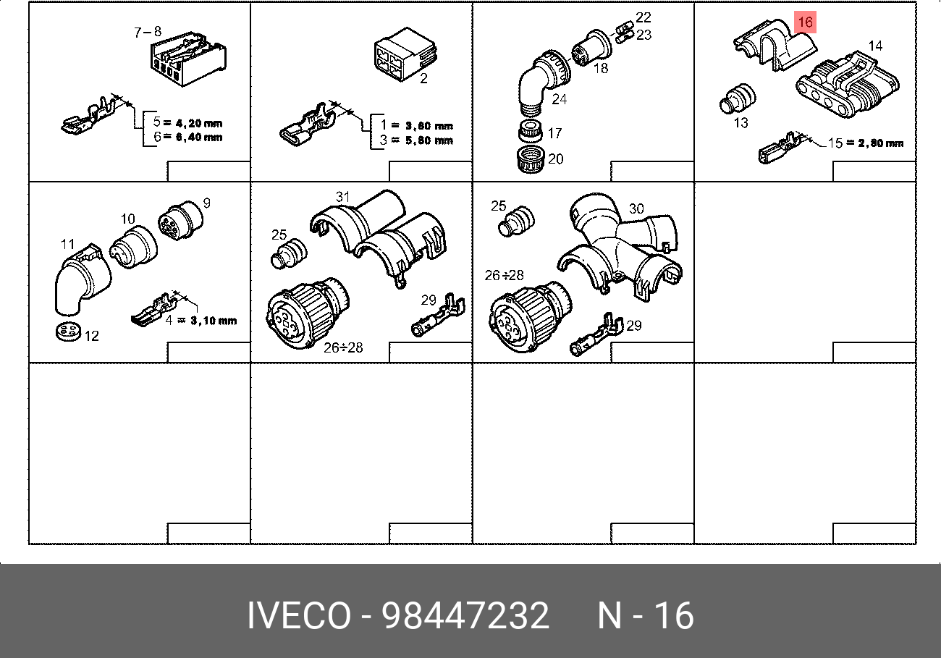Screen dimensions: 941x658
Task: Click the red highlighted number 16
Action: (805, 22)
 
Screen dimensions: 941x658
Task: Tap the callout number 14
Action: (875, 46)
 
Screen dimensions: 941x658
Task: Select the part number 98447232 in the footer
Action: (465, 615)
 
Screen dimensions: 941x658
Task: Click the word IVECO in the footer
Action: (299, 615)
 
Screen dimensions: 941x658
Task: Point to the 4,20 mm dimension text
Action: (199, 123)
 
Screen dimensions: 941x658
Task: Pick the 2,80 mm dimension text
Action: (880, 143)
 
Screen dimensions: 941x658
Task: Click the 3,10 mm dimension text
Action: (214, 321)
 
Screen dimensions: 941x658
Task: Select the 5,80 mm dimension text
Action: (429, 140)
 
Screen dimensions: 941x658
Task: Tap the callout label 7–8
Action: (148, 32)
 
